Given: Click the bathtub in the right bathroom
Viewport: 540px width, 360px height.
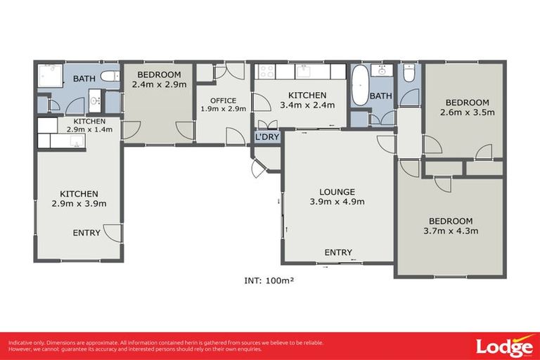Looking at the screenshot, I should tap(360, 85).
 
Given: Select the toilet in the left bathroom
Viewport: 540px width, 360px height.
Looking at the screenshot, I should tap(110, 76).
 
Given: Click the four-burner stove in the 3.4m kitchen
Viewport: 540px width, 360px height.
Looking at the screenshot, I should tap(266, 71).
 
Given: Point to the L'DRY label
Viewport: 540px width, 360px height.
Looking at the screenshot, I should tap(267, 136).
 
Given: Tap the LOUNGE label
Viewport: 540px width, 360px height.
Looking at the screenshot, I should tap(337, 191).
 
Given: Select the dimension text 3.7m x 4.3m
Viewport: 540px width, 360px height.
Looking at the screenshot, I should tap(451, 231).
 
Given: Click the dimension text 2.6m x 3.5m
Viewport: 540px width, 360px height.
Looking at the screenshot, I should tap(468, 112).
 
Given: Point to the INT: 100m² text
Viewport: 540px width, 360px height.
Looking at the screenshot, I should tap(268, 280).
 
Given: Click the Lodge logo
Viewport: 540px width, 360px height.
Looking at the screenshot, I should tap(503, 346).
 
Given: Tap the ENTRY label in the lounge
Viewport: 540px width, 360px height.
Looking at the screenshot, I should tap(338, 252).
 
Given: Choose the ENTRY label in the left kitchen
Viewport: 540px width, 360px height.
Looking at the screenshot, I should tap(87, 233).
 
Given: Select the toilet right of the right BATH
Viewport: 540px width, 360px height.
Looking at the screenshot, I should tap(409, 73).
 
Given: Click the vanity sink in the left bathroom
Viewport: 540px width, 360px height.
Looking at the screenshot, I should tap(95, 103).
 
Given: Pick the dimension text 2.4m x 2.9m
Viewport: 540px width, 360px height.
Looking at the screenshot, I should tap(159, 84).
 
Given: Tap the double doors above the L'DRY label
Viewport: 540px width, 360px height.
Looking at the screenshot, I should tap(267, 124).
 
